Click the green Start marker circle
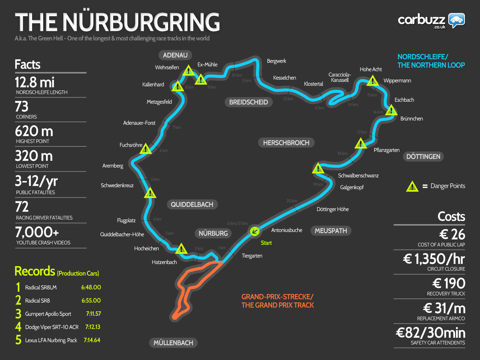pos(254,231)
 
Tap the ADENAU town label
pos(175,55)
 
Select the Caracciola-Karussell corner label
pos(340,77)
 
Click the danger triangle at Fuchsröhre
pos(145,149)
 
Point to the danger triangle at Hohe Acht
pos(373,81)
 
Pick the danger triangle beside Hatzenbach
pos(181,248)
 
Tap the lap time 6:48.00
pos(91,287)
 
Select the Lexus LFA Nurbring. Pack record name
pos(51,340)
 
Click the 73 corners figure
pos(22,106)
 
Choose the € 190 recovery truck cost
pos(449,283)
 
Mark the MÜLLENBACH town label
pos(173,343)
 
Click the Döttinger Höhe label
pos(333,209)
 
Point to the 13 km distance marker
pos(319,108)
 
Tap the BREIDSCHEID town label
pos(249,102)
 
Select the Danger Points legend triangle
pos(412,186)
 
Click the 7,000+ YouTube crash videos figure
pos(37,232)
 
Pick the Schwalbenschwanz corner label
pos(358,175)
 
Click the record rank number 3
pos(18,314)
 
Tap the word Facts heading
pos(28,64)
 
